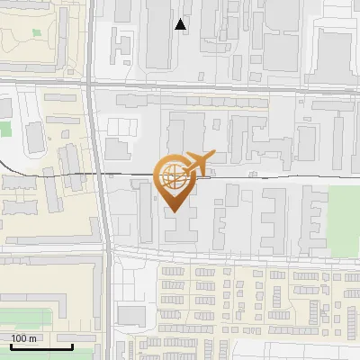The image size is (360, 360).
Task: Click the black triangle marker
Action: (x=181, y=24)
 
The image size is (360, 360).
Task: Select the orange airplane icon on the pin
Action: (x=194, y=164)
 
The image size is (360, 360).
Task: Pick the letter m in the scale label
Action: (x=33, y=338)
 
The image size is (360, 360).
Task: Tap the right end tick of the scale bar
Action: (x=72, y=346)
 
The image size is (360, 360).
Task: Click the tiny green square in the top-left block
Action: (x=36, y=33)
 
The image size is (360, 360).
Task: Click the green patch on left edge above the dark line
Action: (x=4, y=128)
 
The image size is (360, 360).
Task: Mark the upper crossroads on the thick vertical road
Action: (x=93, y=83)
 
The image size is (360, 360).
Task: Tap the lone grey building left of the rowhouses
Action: (x=131, y=315)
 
